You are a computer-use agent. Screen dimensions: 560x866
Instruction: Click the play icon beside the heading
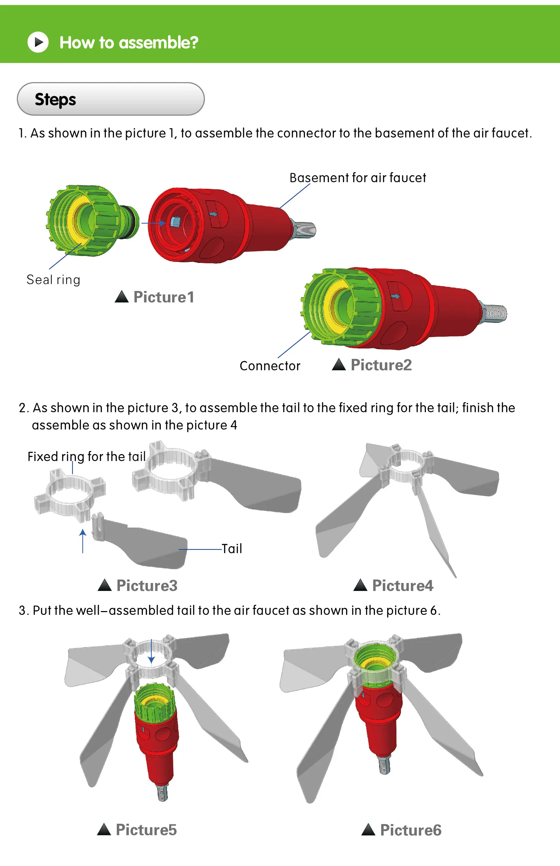38,42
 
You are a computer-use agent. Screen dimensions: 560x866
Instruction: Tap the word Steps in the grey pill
55,99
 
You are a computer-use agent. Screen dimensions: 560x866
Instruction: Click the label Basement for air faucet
358,178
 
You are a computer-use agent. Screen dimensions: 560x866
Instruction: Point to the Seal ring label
53,280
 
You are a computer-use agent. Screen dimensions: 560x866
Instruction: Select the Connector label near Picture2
270,365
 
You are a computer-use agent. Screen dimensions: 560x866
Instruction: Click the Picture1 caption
164,297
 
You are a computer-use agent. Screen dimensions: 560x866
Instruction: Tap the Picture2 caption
381,365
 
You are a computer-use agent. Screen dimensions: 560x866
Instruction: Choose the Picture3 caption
147,585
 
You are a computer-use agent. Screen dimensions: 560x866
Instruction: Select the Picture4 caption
402,585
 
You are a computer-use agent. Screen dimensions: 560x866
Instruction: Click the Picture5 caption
146,830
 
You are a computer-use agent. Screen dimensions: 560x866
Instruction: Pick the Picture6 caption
411,830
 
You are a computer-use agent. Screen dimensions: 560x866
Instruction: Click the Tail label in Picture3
231,548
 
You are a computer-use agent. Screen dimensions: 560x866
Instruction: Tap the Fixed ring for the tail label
87,457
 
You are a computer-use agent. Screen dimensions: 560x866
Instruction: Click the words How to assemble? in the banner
129,43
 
